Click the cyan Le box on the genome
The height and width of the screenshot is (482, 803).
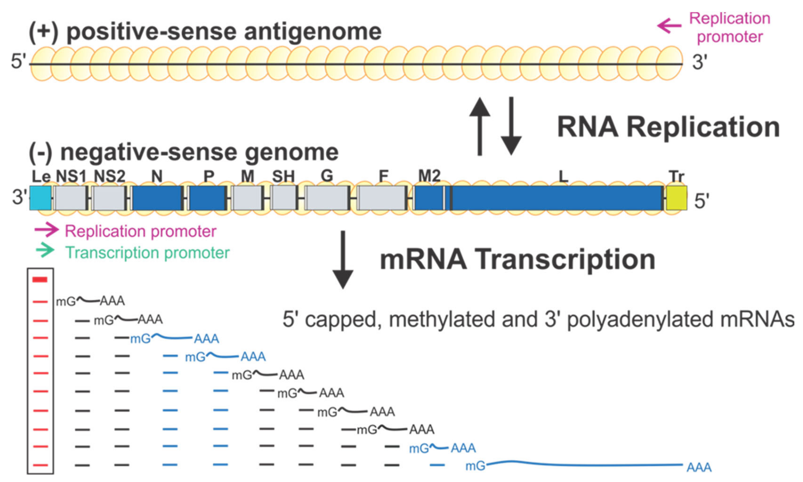click(x=40, y=198)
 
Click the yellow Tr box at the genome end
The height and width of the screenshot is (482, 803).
click(x=676, y=198)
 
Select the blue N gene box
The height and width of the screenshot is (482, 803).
click(x=157, y=198)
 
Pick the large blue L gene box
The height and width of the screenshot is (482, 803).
click(x=557, y=198)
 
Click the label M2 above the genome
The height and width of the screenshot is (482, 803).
click(x=429, y=176)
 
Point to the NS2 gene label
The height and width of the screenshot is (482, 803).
click(x=110, y=176)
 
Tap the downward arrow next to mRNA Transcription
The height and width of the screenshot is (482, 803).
click(x=343, y=260)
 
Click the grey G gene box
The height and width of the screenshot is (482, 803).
click(x=327, y=198)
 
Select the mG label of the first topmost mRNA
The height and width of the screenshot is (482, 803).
click(x=66, y=302)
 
